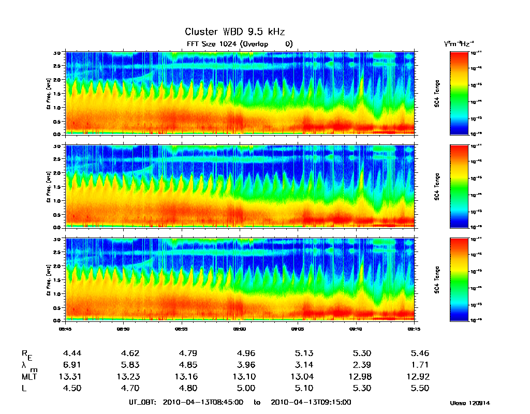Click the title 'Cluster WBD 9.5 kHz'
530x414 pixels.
[234, 32]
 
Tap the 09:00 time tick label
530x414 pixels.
[239, 328]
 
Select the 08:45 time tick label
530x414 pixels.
[65, 328]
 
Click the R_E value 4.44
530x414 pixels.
[72, 353]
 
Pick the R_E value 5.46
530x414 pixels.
[420, 353]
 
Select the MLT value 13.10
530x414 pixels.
[246, 376]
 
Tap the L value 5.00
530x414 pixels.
[246, 388]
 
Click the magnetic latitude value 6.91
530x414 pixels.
[72, 365]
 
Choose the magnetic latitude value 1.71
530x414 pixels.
[420, 365]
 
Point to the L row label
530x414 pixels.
[24, 388]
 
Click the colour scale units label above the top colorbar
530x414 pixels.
[459, 44]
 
